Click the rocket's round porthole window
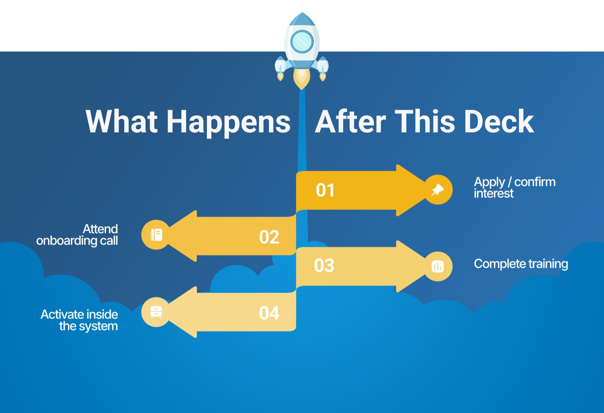point(302,41)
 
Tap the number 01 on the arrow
point(325,190)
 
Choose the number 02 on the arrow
point(269,237)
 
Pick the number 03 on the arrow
point(324,266)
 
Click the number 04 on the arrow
point(269,313)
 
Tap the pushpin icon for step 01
point(438,190)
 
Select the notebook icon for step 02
point(156,235)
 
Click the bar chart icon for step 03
point(438,267)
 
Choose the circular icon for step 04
point(156,312)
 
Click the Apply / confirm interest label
point(514,187)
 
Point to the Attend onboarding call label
point(77,235)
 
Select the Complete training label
point(521,264)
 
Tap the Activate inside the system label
point(79,320)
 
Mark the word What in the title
point(121,122)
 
